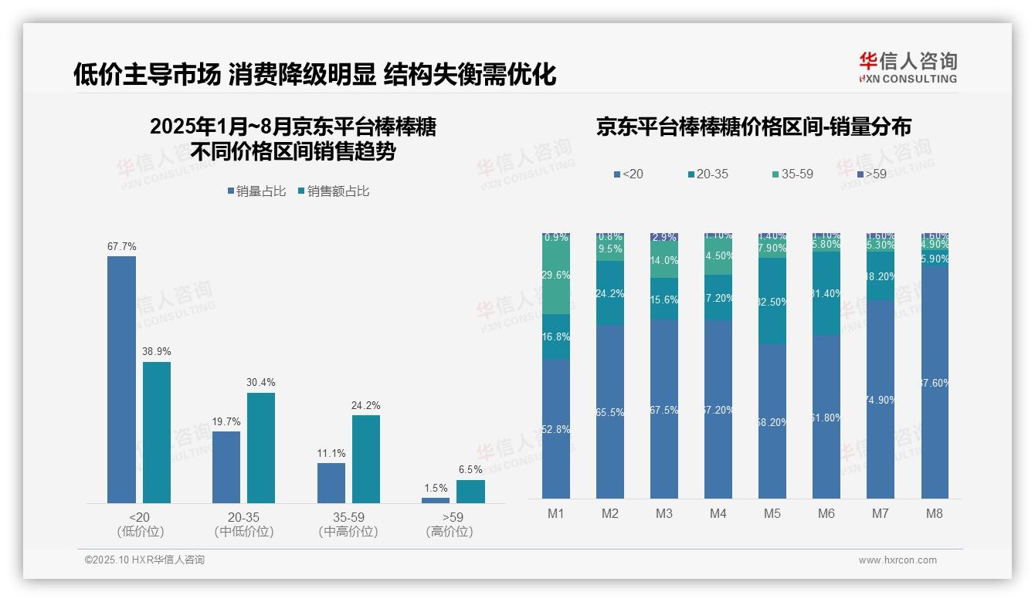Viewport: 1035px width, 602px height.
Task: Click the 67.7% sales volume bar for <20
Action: point(121,380)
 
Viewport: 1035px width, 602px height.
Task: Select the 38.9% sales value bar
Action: point(156,432)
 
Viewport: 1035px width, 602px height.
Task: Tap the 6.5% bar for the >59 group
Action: point(470,492)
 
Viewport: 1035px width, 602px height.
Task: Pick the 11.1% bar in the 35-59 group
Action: point(331,483)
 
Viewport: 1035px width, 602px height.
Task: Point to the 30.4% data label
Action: point(260,382)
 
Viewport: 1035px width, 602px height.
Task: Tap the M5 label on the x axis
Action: point(772,513)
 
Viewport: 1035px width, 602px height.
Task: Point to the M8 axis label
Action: point(934,513)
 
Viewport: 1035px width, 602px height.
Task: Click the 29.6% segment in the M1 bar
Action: point(556,275)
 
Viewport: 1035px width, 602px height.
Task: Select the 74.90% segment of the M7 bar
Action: point(880,399)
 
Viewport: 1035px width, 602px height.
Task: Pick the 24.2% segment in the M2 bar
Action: point(610,293)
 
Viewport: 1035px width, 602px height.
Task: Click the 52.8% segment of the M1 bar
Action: point(556,429)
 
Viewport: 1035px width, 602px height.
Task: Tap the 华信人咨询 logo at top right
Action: point(908,67)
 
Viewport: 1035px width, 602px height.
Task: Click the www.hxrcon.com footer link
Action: point(898,560)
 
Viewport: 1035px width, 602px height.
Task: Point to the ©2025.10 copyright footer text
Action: point(144,560)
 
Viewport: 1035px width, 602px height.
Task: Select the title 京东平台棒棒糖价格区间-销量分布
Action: point(753,127)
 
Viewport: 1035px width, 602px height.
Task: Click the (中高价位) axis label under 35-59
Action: point(348,532)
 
